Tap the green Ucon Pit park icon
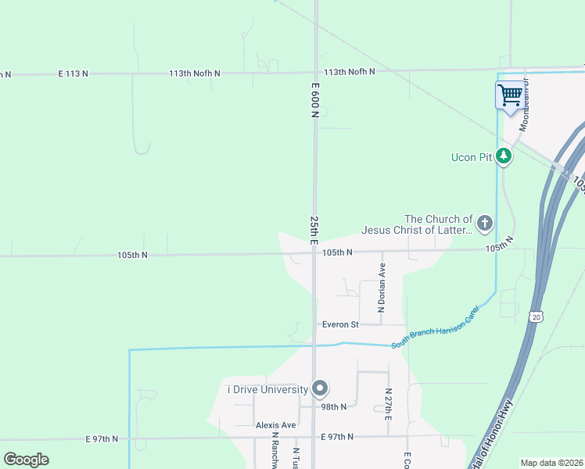click(504, 157)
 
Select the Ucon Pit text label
click(472, 158)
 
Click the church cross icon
click(485, 224)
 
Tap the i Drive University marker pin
click(319, 388)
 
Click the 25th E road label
click(314, 231)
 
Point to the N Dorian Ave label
click(382, 288)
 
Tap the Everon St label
click(340, 324)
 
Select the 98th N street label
click(334, 406)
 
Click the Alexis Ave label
click(276, 425)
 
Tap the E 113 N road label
click(74, 73)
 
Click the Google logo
click(27, 459)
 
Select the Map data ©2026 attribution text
click(551, 462)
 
